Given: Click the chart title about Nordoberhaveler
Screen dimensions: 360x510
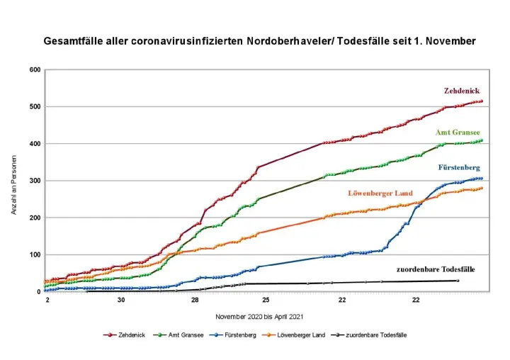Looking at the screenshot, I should (x=259, y=41).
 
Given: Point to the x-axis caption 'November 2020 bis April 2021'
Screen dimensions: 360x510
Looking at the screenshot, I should (x=256, y=315).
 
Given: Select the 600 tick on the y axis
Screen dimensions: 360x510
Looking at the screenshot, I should (x=34, y=70).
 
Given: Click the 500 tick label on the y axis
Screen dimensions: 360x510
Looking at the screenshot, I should (x=34, y=107).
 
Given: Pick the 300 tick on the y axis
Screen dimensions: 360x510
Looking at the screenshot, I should (x=34, y=181).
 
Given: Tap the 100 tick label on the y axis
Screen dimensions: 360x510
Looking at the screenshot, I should (x=34, y=254).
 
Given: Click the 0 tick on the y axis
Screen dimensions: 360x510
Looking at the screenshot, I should (x=38, y=291).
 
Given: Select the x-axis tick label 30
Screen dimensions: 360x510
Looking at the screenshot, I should (x=121, y=300).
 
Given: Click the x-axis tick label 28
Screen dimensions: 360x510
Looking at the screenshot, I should (x=195, y=300).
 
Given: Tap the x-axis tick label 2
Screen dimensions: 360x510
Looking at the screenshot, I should (x=47, y=300).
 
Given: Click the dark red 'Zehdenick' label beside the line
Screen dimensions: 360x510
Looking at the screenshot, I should (x=463, y=91).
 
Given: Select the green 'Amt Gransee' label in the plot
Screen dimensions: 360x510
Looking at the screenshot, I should (x=458, y=133).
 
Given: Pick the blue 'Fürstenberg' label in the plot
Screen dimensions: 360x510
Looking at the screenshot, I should (x=460, y=167).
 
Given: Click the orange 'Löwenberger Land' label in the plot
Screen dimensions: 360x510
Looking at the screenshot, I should (x=380, y=193).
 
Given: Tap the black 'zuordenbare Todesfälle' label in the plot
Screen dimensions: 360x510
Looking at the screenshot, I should (x=435, y=269).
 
